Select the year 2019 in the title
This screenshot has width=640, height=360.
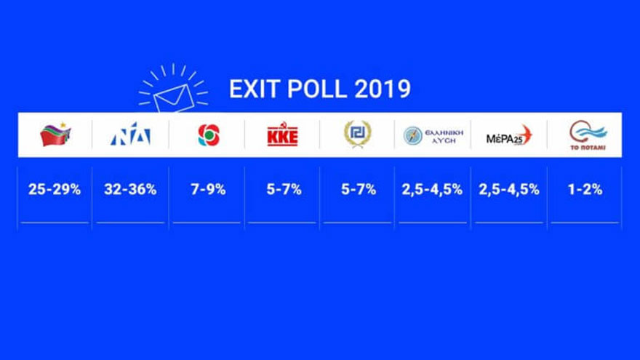click(383, 89)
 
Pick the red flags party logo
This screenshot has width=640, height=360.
click(55, 135)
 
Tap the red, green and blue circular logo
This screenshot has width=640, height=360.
click(209, 135)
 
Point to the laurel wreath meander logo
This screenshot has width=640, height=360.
click(357, 135)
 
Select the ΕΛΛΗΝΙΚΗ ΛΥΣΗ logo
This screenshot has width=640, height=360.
click(433, 135)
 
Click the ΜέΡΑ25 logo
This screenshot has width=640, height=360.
click(509, 135)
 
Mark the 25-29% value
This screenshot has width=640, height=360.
click(55, 190)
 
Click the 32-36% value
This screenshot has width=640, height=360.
click(130, 190)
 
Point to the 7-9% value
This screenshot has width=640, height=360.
click(207, 190)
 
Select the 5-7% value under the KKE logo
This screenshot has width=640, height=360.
click(282, 190)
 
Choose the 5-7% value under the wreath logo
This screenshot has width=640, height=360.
click(357, 190)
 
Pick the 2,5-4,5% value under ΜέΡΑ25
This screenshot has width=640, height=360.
click(509, 190)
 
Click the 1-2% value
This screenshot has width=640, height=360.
click(585, 190)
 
